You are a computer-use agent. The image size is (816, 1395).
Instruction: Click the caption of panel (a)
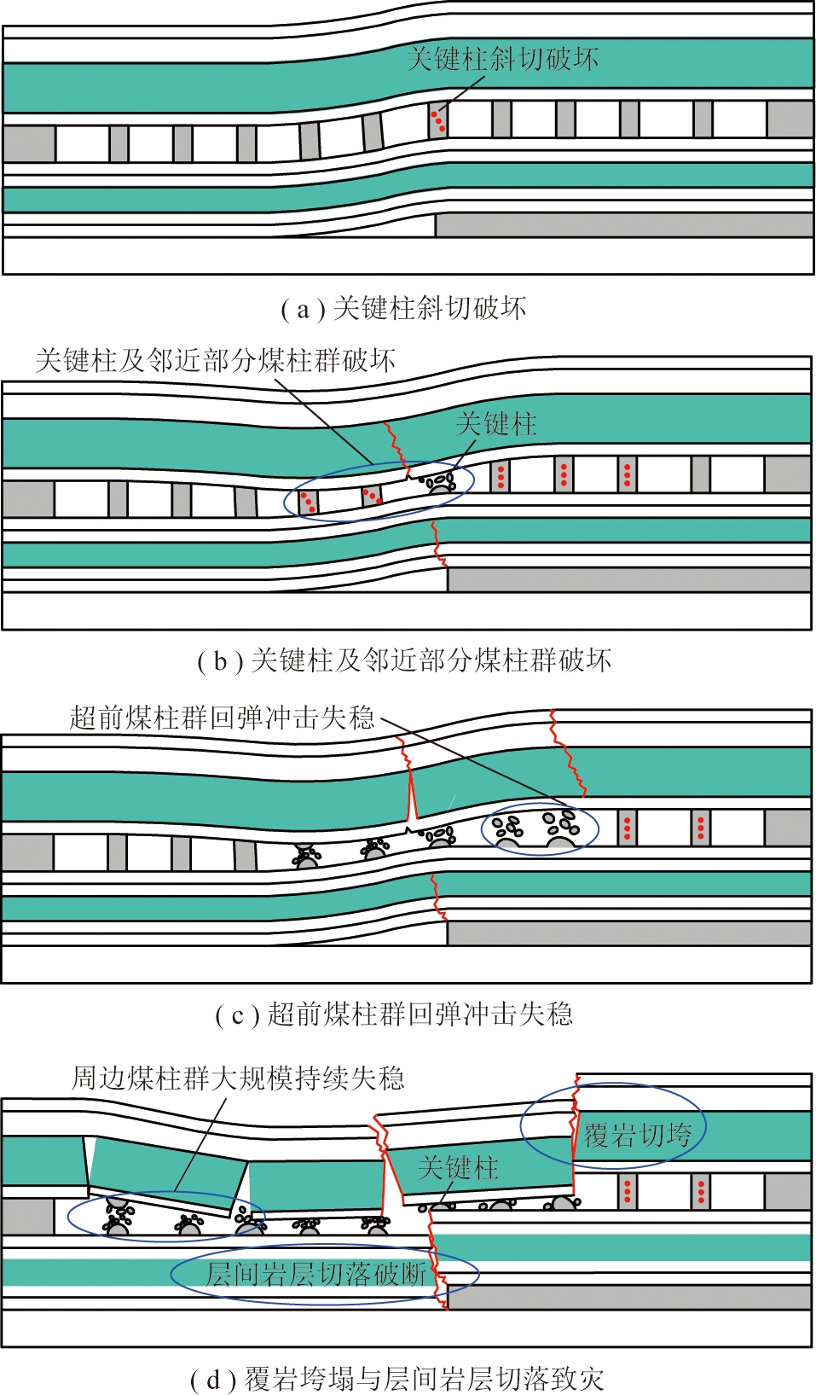[x=403, y=308]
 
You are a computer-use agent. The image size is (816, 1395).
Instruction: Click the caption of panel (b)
[x=404, y=660]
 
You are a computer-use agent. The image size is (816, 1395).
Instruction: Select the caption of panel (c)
[x=394, y=1014]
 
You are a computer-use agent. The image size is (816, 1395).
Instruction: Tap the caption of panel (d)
[x=397, y=1379]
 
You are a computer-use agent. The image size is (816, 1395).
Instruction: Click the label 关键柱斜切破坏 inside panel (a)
[x=502, y=59]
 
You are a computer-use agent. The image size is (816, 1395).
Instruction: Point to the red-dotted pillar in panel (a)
[x=437, y=120]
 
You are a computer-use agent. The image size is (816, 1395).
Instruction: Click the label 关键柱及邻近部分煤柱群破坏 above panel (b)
[x=215, y=360]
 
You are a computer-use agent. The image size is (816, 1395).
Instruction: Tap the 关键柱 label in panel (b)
[x=495, y=424]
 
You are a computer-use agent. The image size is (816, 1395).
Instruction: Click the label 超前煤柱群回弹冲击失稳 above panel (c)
[x=222, y=718]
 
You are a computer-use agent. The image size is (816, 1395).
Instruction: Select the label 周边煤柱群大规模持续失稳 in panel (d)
[x=238, y=1078]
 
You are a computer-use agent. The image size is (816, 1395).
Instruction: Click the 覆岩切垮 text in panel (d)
[x=637, y=1135]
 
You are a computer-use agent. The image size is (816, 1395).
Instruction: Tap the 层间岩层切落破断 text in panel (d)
[x=316, y=1274]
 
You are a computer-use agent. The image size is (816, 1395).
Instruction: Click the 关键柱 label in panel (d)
[x=458, y=1167]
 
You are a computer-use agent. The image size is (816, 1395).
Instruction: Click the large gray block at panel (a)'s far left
[x=29, y=144]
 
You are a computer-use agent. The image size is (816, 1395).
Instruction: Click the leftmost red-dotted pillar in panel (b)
[x=307, y=503]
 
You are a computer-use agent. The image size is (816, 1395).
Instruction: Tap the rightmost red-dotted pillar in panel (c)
[x=701, y=826]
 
